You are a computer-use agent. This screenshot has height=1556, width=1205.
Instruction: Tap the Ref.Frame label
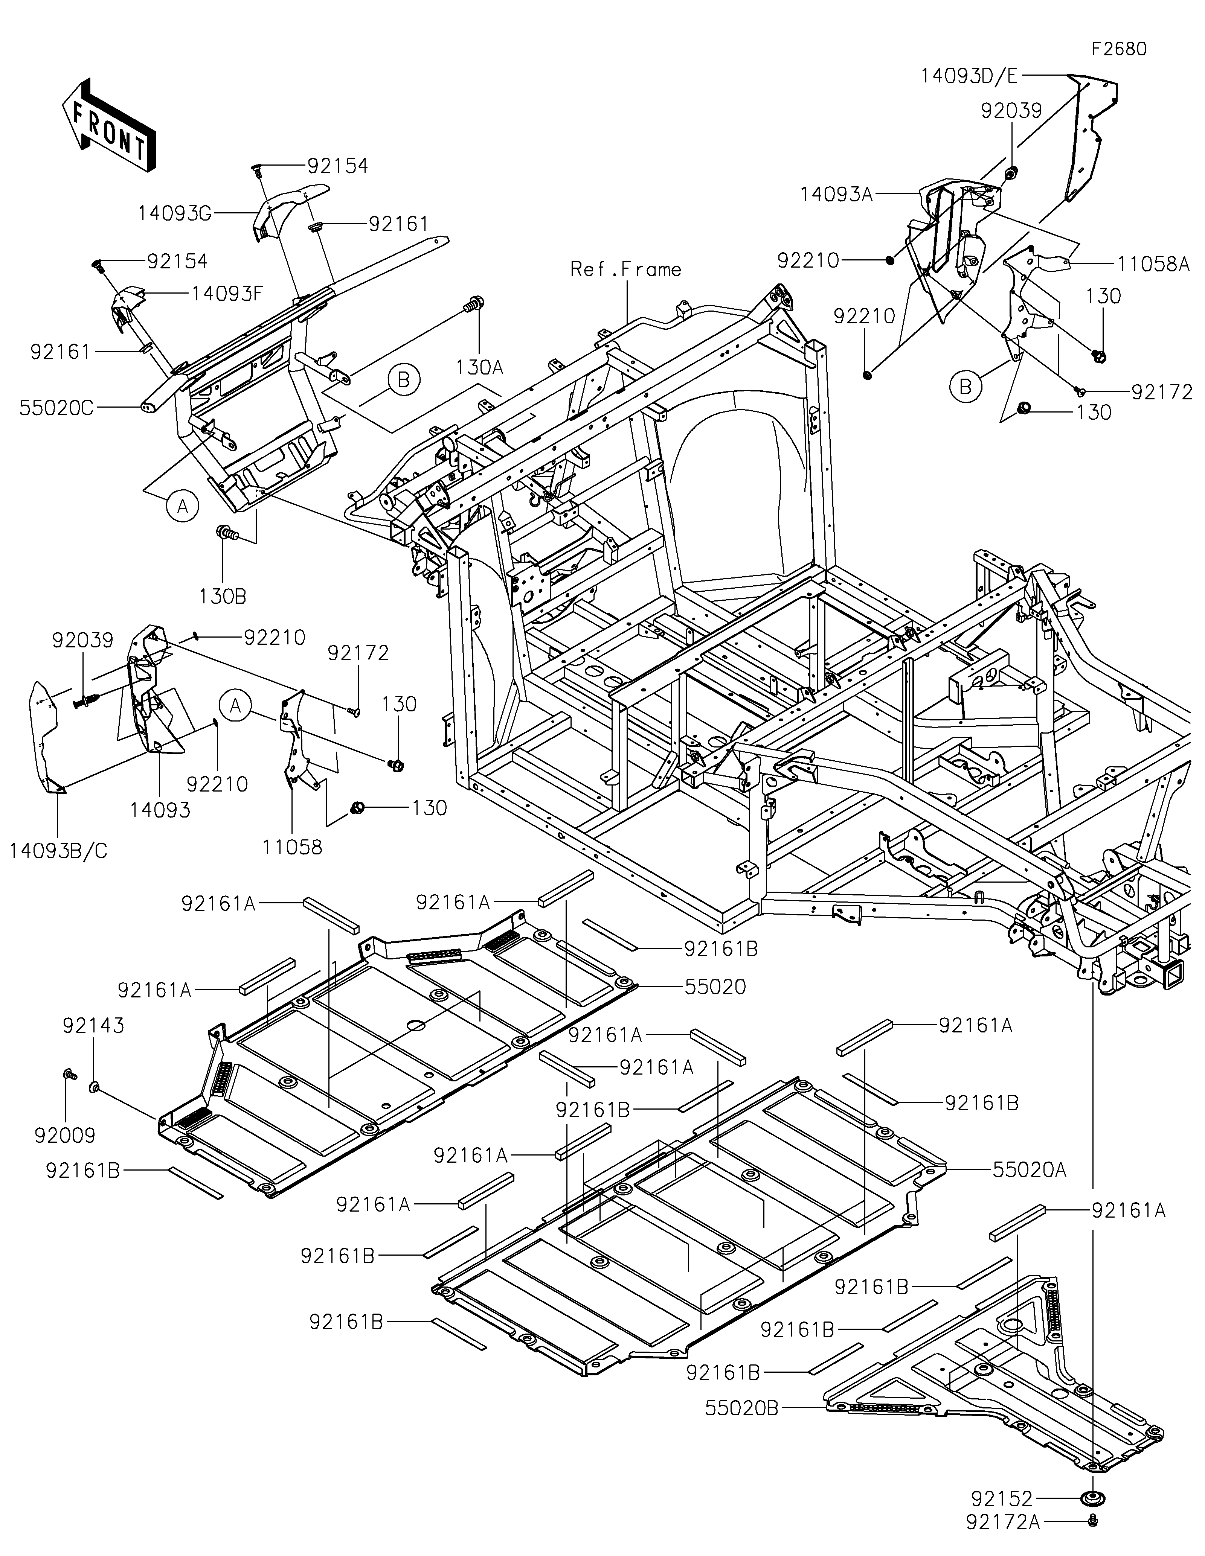click(626, 269)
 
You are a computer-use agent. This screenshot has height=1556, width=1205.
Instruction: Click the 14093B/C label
click(58, 851)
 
